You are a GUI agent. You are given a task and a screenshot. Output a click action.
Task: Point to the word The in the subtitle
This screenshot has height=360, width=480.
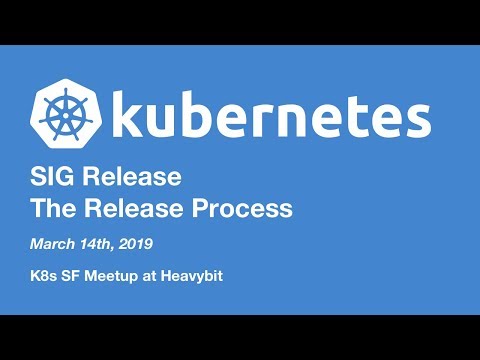[53, 209]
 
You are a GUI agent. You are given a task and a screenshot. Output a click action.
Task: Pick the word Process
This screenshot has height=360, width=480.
[240, 209]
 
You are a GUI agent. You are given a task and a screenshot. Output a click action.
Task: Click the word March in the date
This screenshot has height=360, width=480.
[55, 244]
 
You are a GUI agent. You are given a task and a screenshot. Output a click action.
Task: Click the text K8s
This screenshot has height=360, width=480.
[46, 273]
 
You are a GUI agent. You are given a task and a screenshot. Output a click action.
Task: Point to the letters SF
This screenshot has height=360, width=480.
[80, 273]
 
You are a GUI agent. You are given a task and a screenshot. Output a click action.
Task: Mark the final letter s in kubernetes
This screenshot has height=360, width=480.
[417, 121]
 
